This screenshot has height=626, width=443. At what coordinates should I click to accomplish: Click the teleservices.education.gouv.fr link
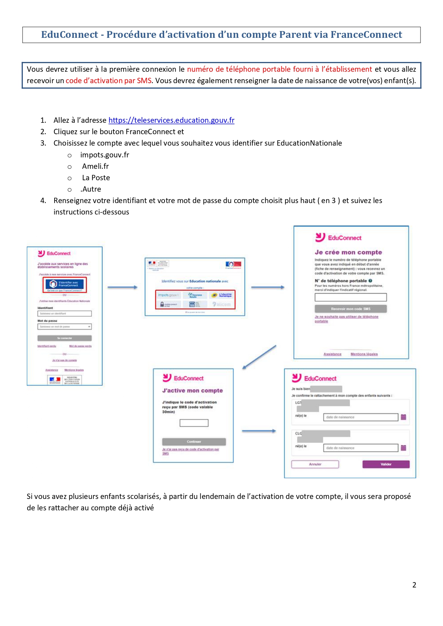[171, 120]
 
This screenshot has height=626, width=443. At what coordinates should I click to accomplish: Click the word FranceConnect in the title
[366, 35]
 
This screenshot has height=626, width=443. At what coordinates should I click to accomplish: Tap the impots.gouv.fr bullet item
[105, 155]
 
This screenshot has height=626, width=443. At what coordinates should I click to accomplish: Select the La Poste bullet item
[96, 178]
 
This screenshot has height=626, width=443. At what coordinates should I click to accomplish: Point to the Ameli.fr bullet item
[95, 166]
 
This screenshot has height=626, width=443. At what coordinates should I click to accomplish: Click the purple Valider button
[386, 464]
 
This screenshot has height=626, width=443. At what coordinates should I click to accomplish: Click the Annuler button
[315, 464]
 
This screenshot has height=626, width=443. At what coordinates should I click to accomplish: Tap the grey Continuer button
[194, 441]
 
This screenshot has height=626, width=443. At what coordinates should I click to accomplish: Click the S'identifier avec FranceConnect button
[65, 284]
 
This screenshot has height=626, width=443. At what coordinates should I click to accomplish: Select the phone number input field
[351, 297]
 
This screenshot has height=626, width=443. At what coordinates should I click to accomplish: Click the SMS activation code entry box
[194, 423]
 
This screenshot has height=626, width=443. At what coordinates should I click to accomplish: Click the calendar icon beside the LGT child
[403, 417]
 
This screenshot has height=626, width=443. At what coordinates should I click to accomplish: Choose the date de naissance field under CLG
[361, 448]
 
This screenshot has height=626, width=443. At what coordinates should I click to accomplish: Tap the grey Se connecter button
[65, 338]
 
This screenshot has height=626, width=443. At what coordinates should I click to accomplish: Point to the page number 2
[414, 585]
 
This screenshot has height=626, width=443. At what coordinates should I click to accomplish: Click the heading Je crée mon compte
[348, 252]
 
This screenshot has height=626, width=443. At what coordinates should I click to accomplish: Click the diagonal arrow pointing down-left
[260, 357]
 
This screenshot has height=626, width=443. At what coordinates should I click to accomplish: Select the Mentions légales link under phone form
[364, 354]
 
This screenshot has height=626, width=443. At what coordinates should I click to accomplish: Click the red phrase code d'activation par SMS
[109, 81]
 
